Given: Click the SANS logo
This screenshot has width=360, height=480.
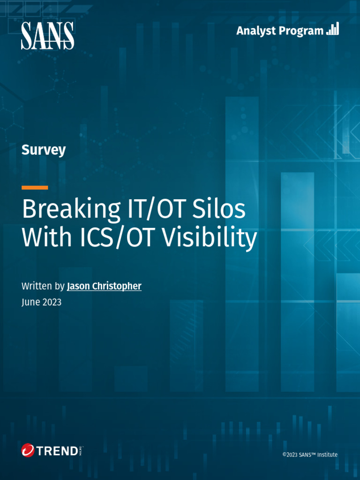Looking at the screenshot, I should [x=47, y=36].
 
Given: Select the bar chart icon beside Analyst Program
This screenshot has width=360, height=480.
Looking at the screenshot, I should [x=332, y=30].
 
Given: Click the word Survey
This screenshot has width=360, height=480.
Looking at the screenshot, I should [x=44, y=150].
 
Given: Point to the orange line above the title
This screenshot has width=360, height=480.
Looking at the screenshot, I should [x=35, y=187].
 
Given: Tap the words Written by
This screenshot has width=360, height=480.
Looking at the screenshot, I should [x=43, y=286].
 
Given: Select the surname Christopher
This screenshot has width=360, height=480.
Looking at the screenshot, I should [x=118, y=286].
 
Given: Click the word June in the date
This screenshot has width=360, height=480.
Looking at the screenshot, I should [x=30, y=302].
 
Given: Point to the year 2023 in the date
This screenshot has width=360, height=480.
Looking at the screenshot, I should [x=52, y=302].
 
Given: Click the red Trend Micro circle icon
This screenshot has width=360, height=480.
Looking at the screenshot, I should [x=28, y=450].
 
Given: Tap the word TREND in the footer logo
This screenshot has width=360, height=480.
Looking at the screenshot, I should [x=57, y=451].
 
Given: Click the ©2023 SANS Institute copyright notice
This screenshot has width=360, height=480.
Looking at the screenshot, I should [x=310, y=454].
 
